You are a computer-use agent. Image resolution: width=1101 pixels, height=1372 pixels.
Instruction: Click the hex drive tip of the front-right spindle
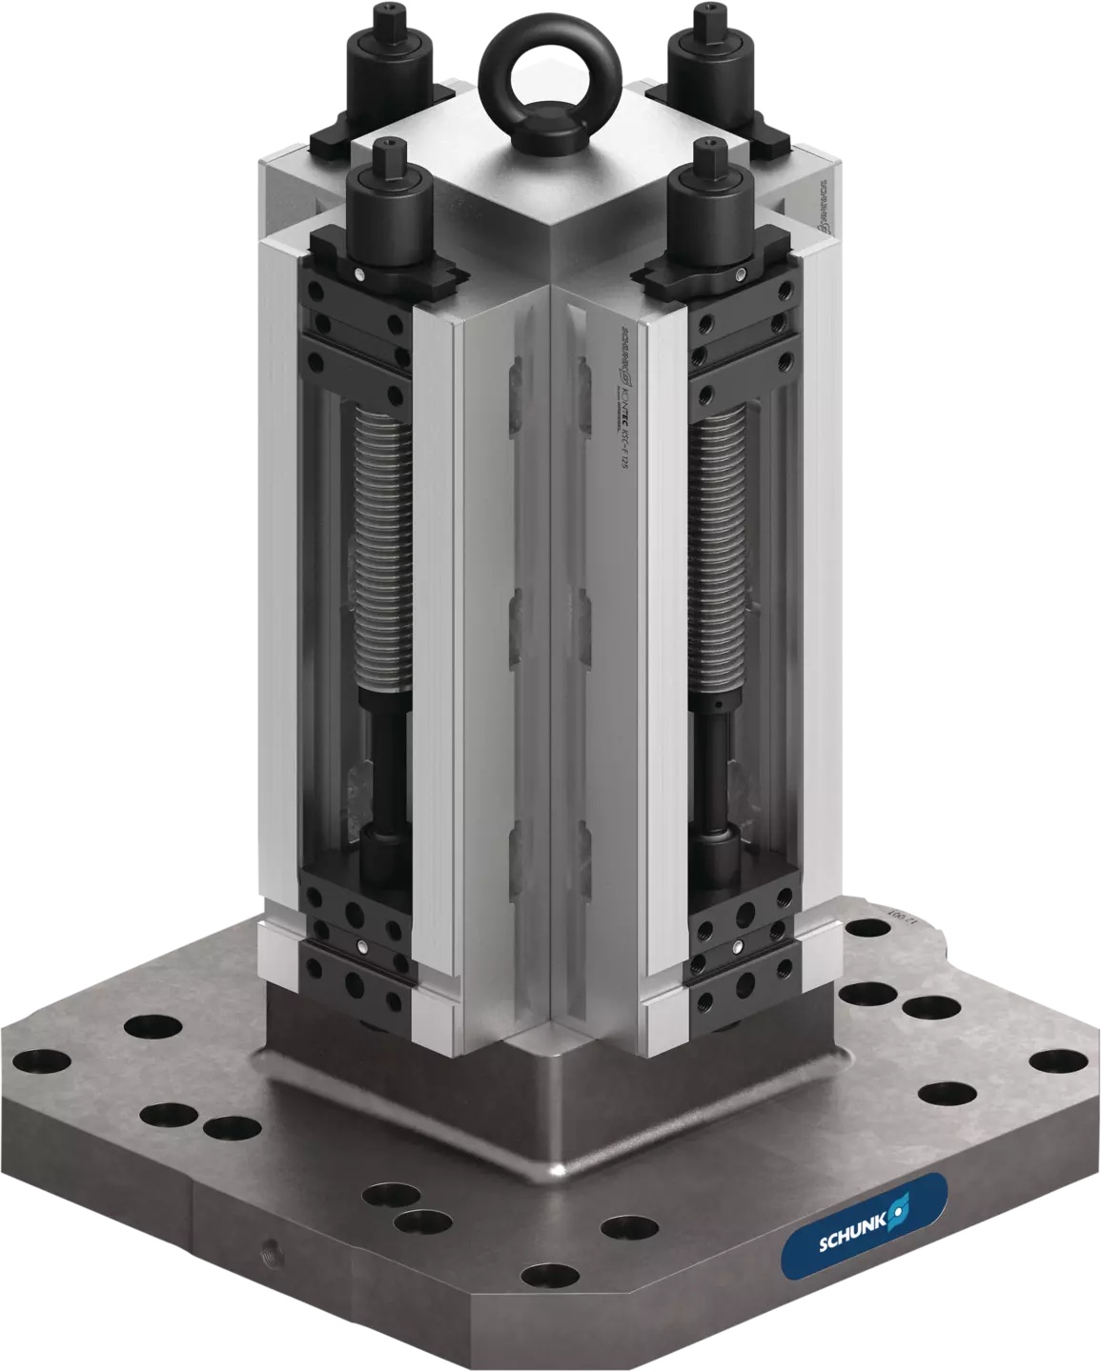tap(707, 150)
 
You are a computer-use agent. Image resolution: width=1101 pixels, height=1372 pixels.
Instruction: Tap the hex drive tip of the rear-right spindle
tap(705, 14)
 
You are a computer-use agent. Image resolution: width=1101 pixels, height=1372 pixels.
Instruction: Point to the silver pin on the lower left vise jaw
tap(365, 946)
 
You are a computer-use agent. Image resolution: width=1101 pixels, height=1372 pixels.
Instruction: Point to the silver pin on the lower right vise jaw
tap(740, 946)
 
